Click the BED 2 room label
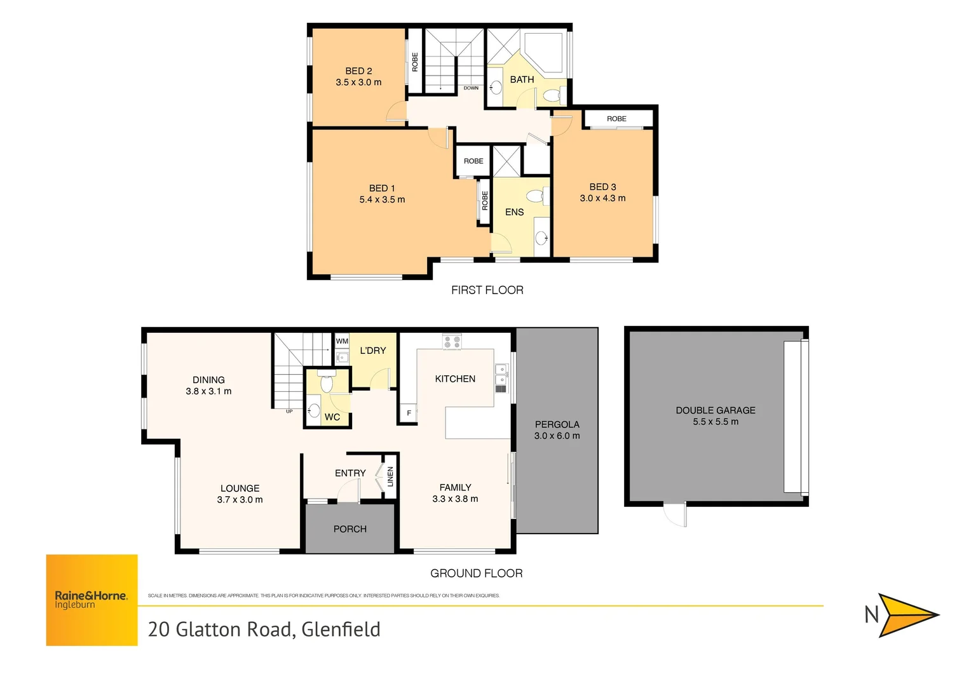click(358, 71)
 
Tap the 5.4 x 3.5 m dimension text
click(382, 199)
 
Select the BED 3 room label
click(602, 187)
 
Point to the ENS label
click(514, 212)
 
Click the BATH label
click(522, 79)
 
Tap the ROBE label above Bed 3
click(616, 119)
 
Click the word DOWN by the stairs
click(471, 88)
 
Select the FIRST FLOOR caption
click(487, 290)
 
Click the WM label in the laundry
click(342, 341)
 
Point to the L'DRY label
click(373, 351)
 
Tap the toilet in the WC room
click(327, 384)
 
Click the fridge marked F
click(409, 414)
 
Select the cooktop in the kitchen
click(452, 342)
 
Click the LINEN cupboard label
click(390, 476)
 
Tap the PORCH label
click(350, 529)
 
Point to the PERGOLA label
click(557, 424)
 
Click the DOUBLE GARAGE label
click(716, 410)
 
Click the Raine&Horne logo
click(92, 600)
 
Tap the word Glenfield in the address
click(341, 629)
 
